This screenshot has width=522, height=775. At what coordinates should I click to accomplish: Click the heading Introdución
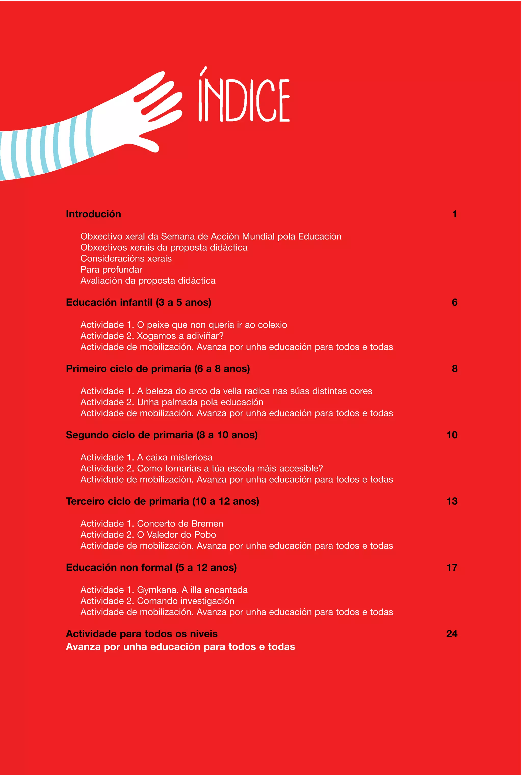(x=94, y=214)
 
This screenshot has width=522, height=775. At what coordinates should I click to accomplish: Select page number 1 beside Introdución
(x=454, y=214)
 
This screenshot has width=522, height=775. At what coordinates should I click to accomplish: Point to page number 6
(x=454, y=302)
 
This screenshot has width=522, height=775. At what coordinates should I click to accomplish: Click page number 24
(x=451, y=634)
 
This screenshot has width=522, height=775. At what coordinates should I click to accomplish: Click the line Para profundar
(x=111, y=270)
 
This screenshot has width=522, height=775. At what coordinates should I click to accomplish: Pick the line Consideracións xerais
(x=126, y=259)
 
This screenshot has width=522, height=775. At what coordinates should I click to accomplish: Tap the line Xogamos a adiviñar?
(x=180, y=336)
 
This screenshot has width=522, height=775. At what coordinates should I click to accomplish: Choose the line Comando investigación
(x=186, y=601)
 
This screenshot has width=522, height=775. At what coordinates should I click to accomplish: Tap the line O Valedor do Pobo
(x=176, y=535)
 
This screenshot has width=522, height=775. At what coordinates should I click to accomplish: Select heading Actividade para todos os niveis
(x=141, y=634)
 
